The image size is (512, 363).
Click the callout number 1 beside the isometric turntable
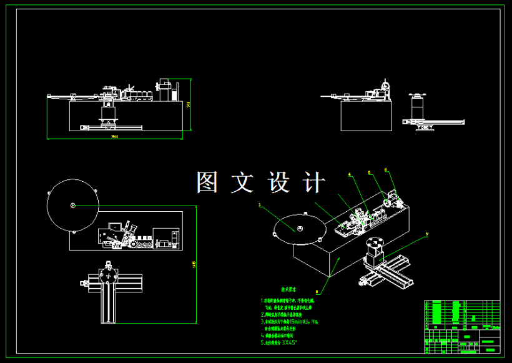click(x=260, y=204)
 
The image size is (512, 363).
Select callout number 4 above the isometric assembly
click(x=350, y=174)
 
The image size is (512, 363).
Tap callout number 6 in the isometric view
click(x=386, y=169)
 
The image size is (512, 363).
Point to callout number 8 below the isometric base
click(x=317, y=291)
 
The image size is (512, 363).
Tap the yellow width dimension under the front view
click(x=114, y=136)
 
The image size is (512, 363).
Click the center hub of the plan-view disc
click(x=73, y=206)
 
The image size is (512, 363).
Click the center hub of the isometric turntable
click(x=300, y=229)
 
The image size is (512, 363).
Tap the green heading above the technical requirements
click(x=288, y=291)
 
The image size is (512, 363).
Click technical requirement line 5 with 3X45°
click(x=279, y=342)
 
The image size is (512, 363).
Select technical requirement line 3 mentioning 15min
click(x=290, y=321)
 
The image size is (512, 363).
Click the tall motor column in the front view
click(x=165, y=89)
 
